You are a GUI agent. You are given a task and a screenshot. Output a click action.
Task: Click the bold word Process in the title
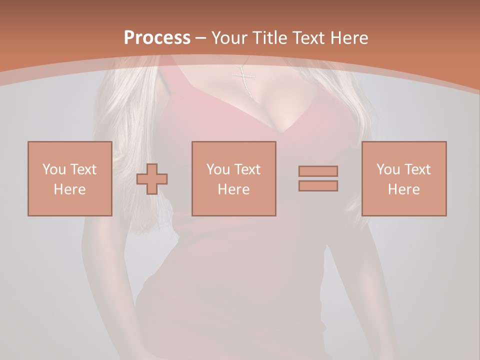click(157, 38)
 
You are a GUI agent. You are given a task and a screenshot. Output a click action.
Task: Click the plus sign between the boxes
click(152, 178)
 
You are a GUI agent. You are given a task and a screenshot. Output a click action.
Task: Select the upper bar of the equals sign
click(318, 171)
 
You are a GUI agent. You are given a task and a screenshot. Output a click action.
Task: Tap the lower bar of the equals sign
click(318, 186)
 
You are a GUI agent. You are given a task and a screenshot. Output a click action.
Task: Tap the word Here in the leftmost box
click(70, 189)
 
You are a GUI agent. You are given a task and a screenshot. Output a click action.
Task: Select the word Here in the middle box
click(234, 189)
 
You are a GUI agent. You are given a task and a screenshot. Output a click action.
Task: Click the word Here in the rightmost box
click(404, 189)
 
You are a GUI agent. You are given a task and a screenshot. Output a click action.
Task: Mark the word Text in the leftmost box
click(83, 169)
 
